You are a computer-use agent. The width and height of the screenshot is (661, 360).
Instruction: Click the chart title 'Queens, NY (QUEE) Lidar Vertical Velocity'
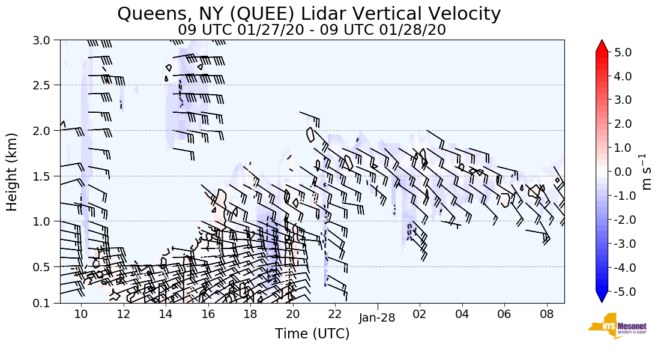click(x=309, y=14)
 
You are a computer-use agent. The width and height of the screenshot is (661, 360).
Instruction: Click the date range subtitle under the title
click(x=312, y=29)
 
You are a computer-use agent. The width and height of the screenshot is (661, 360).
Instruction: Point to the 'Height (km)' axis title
click(x=12, y=172)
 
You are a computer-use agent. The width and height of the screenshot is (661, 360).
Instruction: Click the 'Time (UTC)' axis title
click(x=312, y=334)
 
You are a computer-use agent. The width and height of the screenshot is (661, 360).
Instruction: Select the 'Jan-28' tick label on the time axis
click(x=377, y=318)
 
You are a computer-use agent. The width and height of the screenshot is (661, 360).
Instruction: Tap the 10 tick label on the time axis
click(x=81, y=314)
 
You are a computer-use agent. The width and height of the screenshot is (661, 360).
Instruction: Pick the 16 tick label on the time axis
click(x=208, y=314)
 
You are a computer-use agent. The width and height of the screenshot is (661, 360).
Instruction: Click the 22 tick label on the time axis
click(x=334, y=314)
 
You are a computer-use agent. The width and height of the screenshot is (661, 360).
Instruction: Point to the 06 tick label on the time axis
click(x=504, y=314)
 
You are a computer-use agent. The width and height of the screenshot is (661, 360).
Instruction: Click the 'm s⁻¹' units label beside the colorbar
click(x=647, y=172)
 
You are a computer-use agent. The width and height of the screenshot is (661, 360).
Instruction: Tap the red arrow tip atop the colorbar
click(x=602, y=46)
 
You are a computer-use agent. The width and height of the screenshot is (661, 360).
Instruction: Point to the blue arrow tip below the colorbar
click(x=602, y=298)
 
